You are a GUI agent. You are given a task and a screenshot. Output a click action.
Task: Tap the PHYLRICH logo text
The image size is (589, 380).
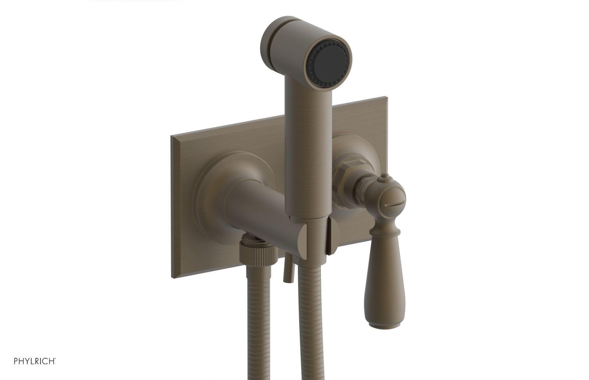click(x=35, y=361)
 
